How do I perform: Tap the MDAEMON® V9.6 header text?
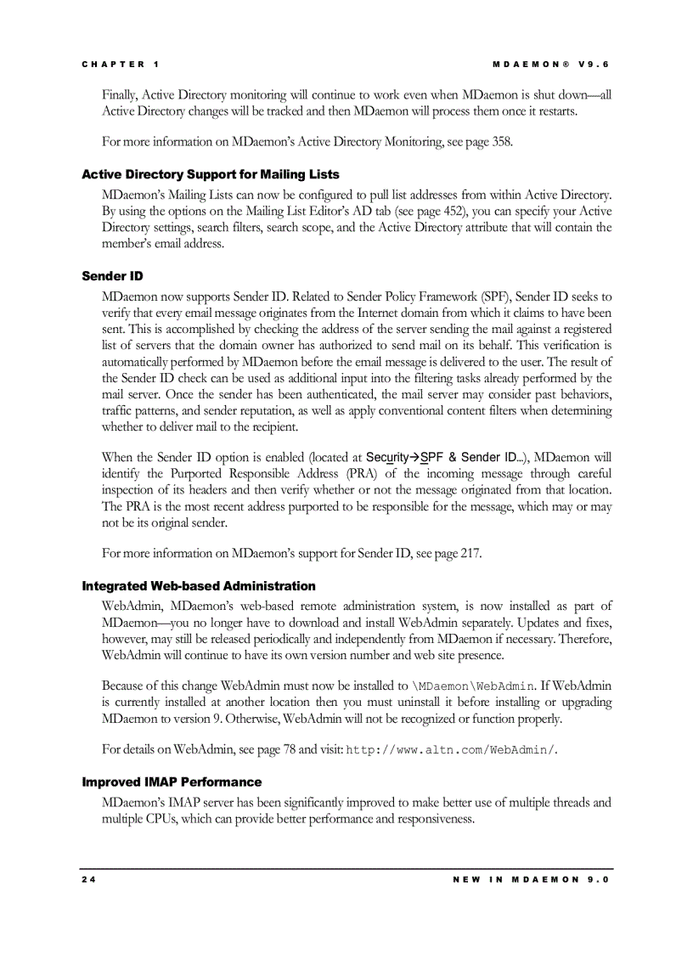[551, 65]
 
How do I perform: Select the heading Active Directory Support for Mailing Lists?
[210, 174]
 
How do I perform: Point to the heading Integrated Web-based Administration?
[198, 586]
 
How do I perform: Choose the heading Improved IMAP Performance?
[172, 782]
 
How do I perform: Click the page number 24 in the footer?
[88, 879]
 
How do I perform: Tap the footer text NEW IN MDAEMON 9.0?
[532, 879]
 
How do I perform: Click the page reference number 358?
[502, 142]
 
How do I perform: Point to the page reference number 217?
[470, 554]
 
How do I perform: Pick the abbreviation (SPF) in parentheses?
[497, 296]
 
